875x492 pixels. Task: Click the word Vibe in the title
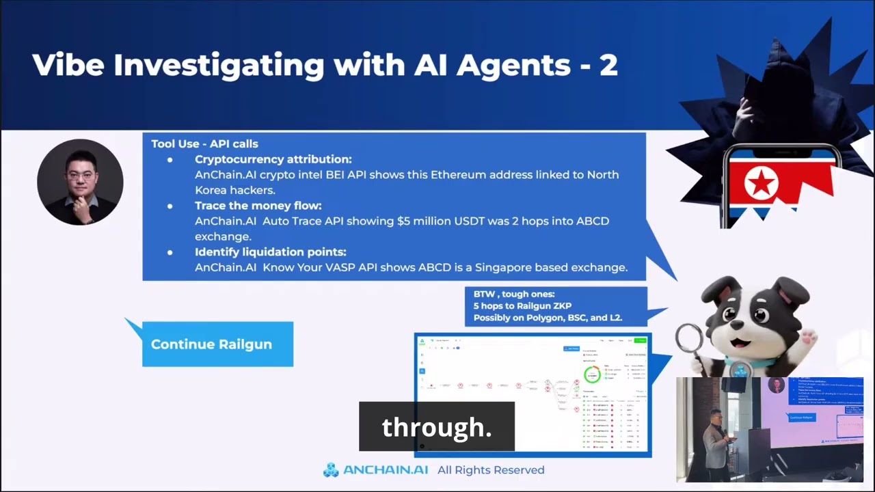point(68,65)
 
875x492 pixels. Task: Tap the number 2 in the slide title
point(608,65)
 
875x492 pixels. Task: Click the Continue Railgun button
point(211,344)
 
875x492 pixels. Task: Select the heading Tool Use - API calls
point(204,143)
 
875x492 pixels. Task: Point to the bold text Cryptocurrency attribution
point(273,159)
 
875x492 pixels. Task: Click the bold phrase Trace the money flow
point(258,206)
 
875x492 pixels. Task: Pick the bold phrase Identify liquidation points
point(270,252)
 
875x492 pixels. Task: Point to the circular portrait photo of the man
point(80,182)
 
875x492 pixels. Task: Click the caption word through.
point(437,427)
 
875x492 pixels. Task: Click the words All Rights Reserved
point(491,470)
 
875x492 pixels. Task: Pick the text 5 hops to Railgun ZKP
point(522,306)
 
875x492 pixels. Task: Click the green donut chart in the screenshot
point(591,374)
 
